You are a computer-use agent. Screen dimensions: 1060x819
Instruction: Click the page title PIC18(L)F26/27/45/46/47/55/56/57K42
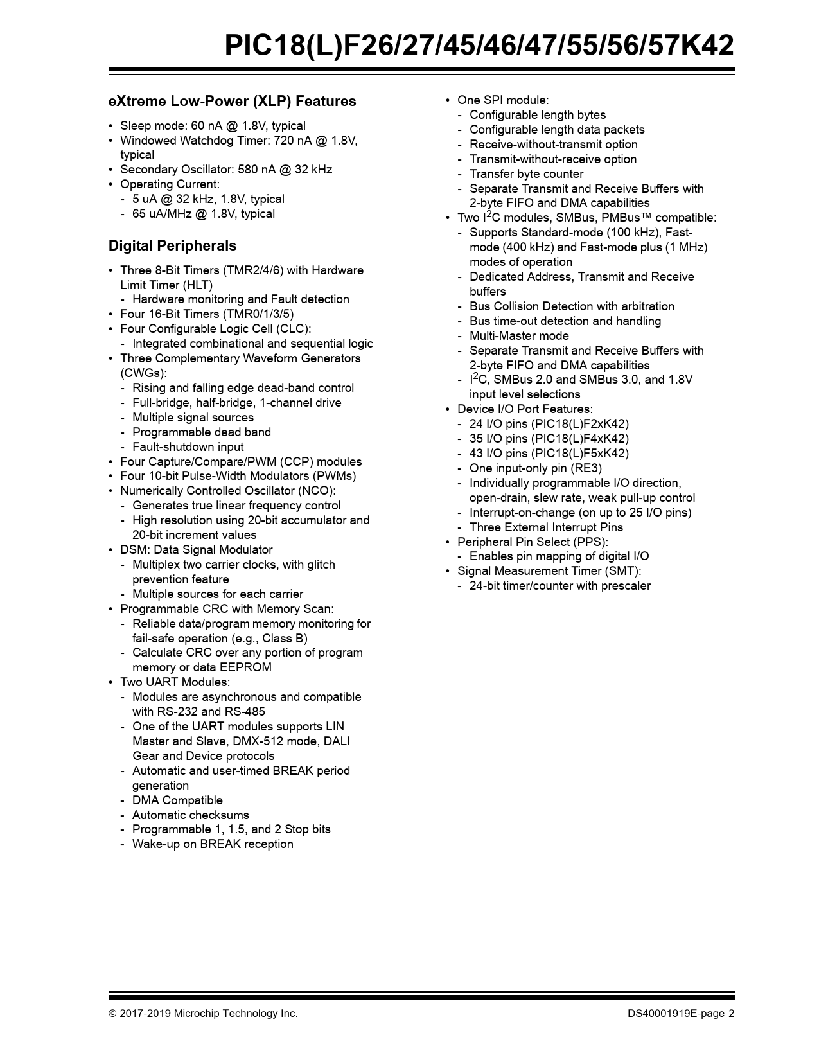click(479, 46)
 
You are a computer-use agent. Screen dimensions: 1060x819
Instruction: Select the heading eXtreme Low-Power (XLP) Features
click(232, 101)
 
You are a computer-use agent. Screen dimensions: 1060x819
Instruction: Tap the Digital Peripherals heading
click(172, 245)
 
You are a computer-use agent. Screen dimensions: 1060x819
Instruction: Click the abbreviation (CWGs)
click(143, 373)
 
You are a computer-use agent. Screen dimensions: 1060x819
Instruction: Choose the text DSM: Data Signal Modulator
click(196, 550)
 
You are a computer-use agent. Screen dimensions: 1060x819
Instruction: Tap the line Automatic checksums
click(190, 815)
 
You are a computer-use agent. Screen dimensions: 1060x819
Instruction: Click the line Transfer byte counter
click(526, 174)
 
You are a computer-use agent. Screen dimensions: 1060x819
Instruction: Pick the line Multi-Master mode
click(519, 336)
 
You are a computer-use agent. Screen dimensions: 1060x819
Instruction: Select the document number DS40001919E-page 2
click(681, 1014)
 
